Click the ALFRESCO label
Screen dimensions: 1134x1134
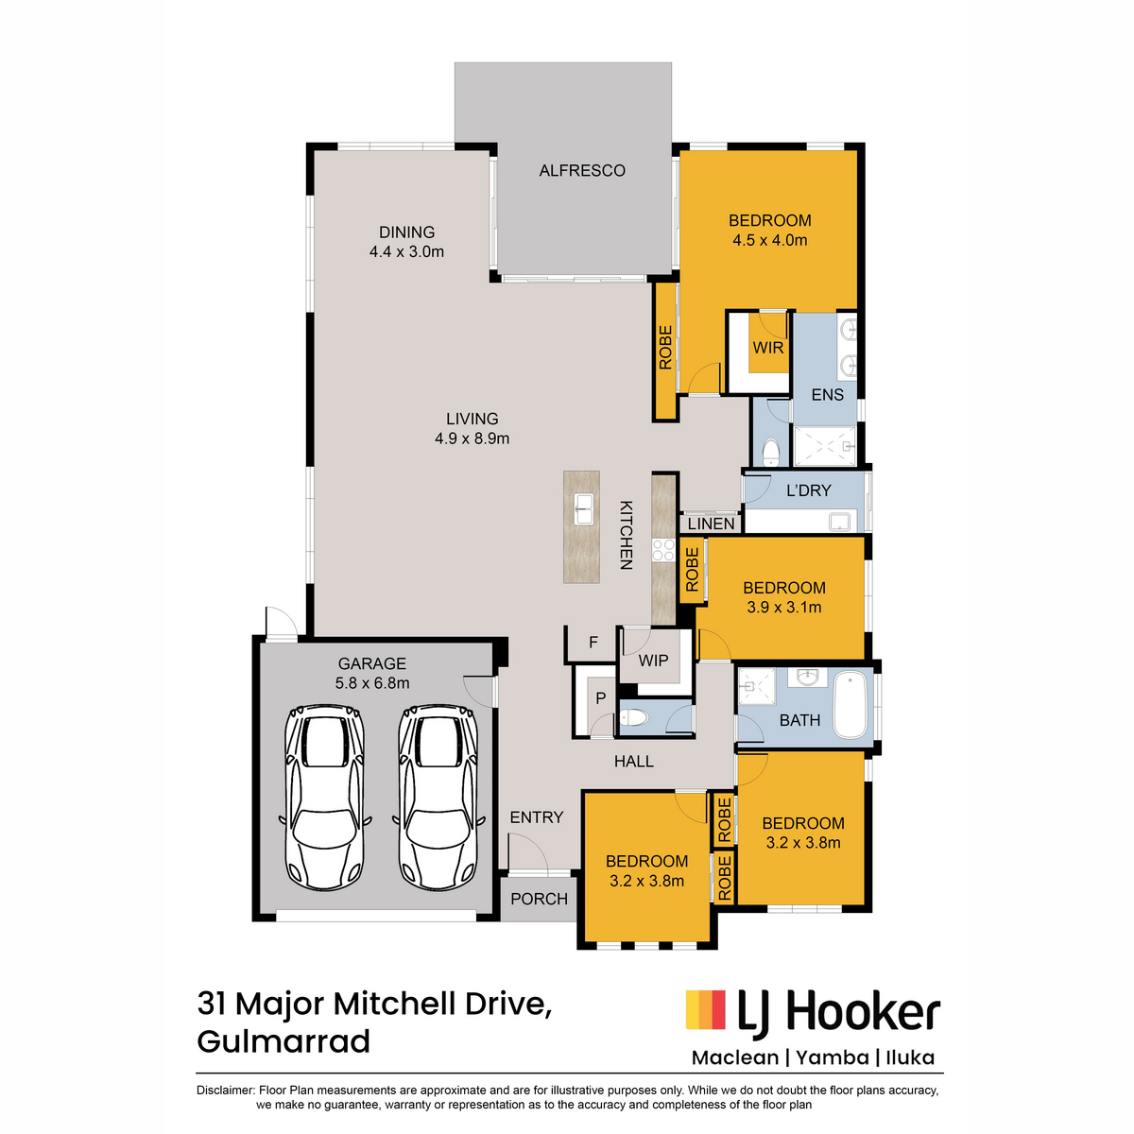click(581, 171)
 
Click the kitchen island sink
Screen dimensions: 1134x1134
click(583, 509)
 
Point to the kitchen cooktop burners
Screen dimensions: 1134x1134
click(663, 550)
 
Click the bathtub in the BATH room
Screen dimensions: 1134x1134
click(850, 705)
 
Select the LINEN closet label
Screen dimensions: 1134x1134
click(711, 524)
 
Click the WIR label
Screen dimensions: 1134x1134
click(768, 348)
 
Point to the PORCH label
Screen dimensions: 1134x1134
click(539, 899)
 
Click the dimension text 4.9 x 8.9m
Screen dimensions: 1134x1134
click(472, 438)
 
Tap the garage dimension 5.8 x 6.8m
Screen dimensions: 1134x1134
click(372, 683)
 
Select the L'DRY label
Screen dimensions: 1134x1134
click(809, 490)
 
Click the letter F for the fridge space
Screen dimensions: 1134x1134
click(593, 642)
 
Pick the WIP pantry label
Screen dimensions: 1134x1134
click(653, 661)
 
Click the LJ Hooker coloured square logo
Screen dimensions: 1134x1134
click(706, 1009)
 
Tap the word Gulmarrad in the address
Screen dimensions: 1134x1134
click(283, 1042)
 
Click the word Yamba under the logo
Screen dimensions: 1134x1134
click(833, 1057)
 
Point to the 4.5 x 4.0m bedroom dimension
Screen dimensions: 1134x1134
click(770, 240)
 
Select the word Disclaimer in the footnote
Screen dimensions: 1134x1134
click(225, 1090)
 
